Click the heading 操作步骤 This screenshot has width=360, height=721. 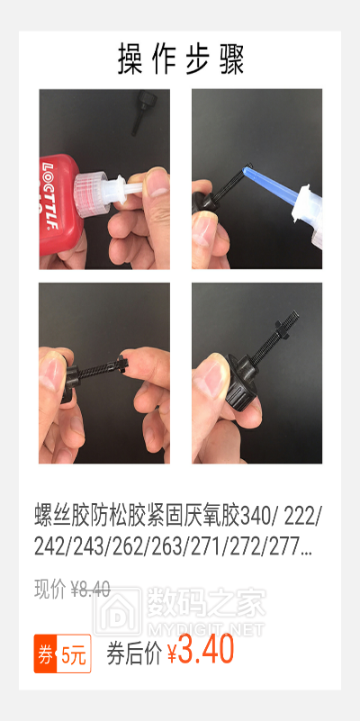pyautogui.click(x=181, y=59)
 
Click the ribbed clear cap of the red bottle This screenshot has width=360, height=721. pyautogui.click(x=91, y=194)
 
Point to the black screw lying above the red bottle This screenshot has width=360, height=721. pyautogui.click(x=142, y=112)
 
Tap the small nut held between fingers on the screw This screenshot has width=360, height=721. pyautogui.click(x=121, y=366)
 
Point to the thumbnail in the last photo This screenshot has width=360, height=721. pyautogui.click(x=208, y=381)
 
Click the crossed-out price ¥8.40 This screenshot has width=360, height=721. pyautogui.click(x=90, y=589)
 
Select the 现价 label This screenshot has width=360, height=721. pyautogui.click(x=49, y=589)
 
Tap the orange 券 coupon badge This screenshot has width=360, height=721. pyautogui.click(x=45, y=653)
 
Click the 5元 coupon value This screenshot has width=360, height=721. pyautogui.click(x=74, y=654)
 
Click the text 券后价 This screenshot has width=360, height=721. pyautogui.click(x=134, y=653)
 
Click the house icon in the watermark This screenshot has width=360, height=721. pyautogui.click(x=118, y=611)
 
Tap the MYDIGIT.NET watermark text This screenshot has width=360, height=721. pyautogui.click(x=205, y=629)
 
